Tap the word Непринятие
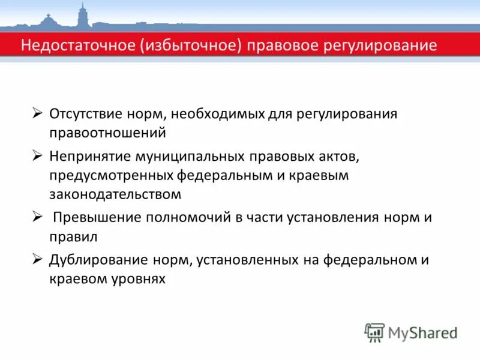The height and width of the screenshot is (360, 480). coord(91,157)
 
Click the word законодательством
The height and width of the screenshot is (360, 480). coord(115,194)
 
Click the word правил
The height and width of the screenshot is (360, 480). coord(74,236)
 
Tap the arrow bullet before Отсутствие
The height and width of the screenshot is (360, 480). coord(37,113)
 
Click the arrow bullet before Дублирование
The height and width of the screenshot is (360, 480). coord(37,259)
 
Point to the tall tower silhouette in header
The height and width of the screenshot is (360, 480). coord(82,15)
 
